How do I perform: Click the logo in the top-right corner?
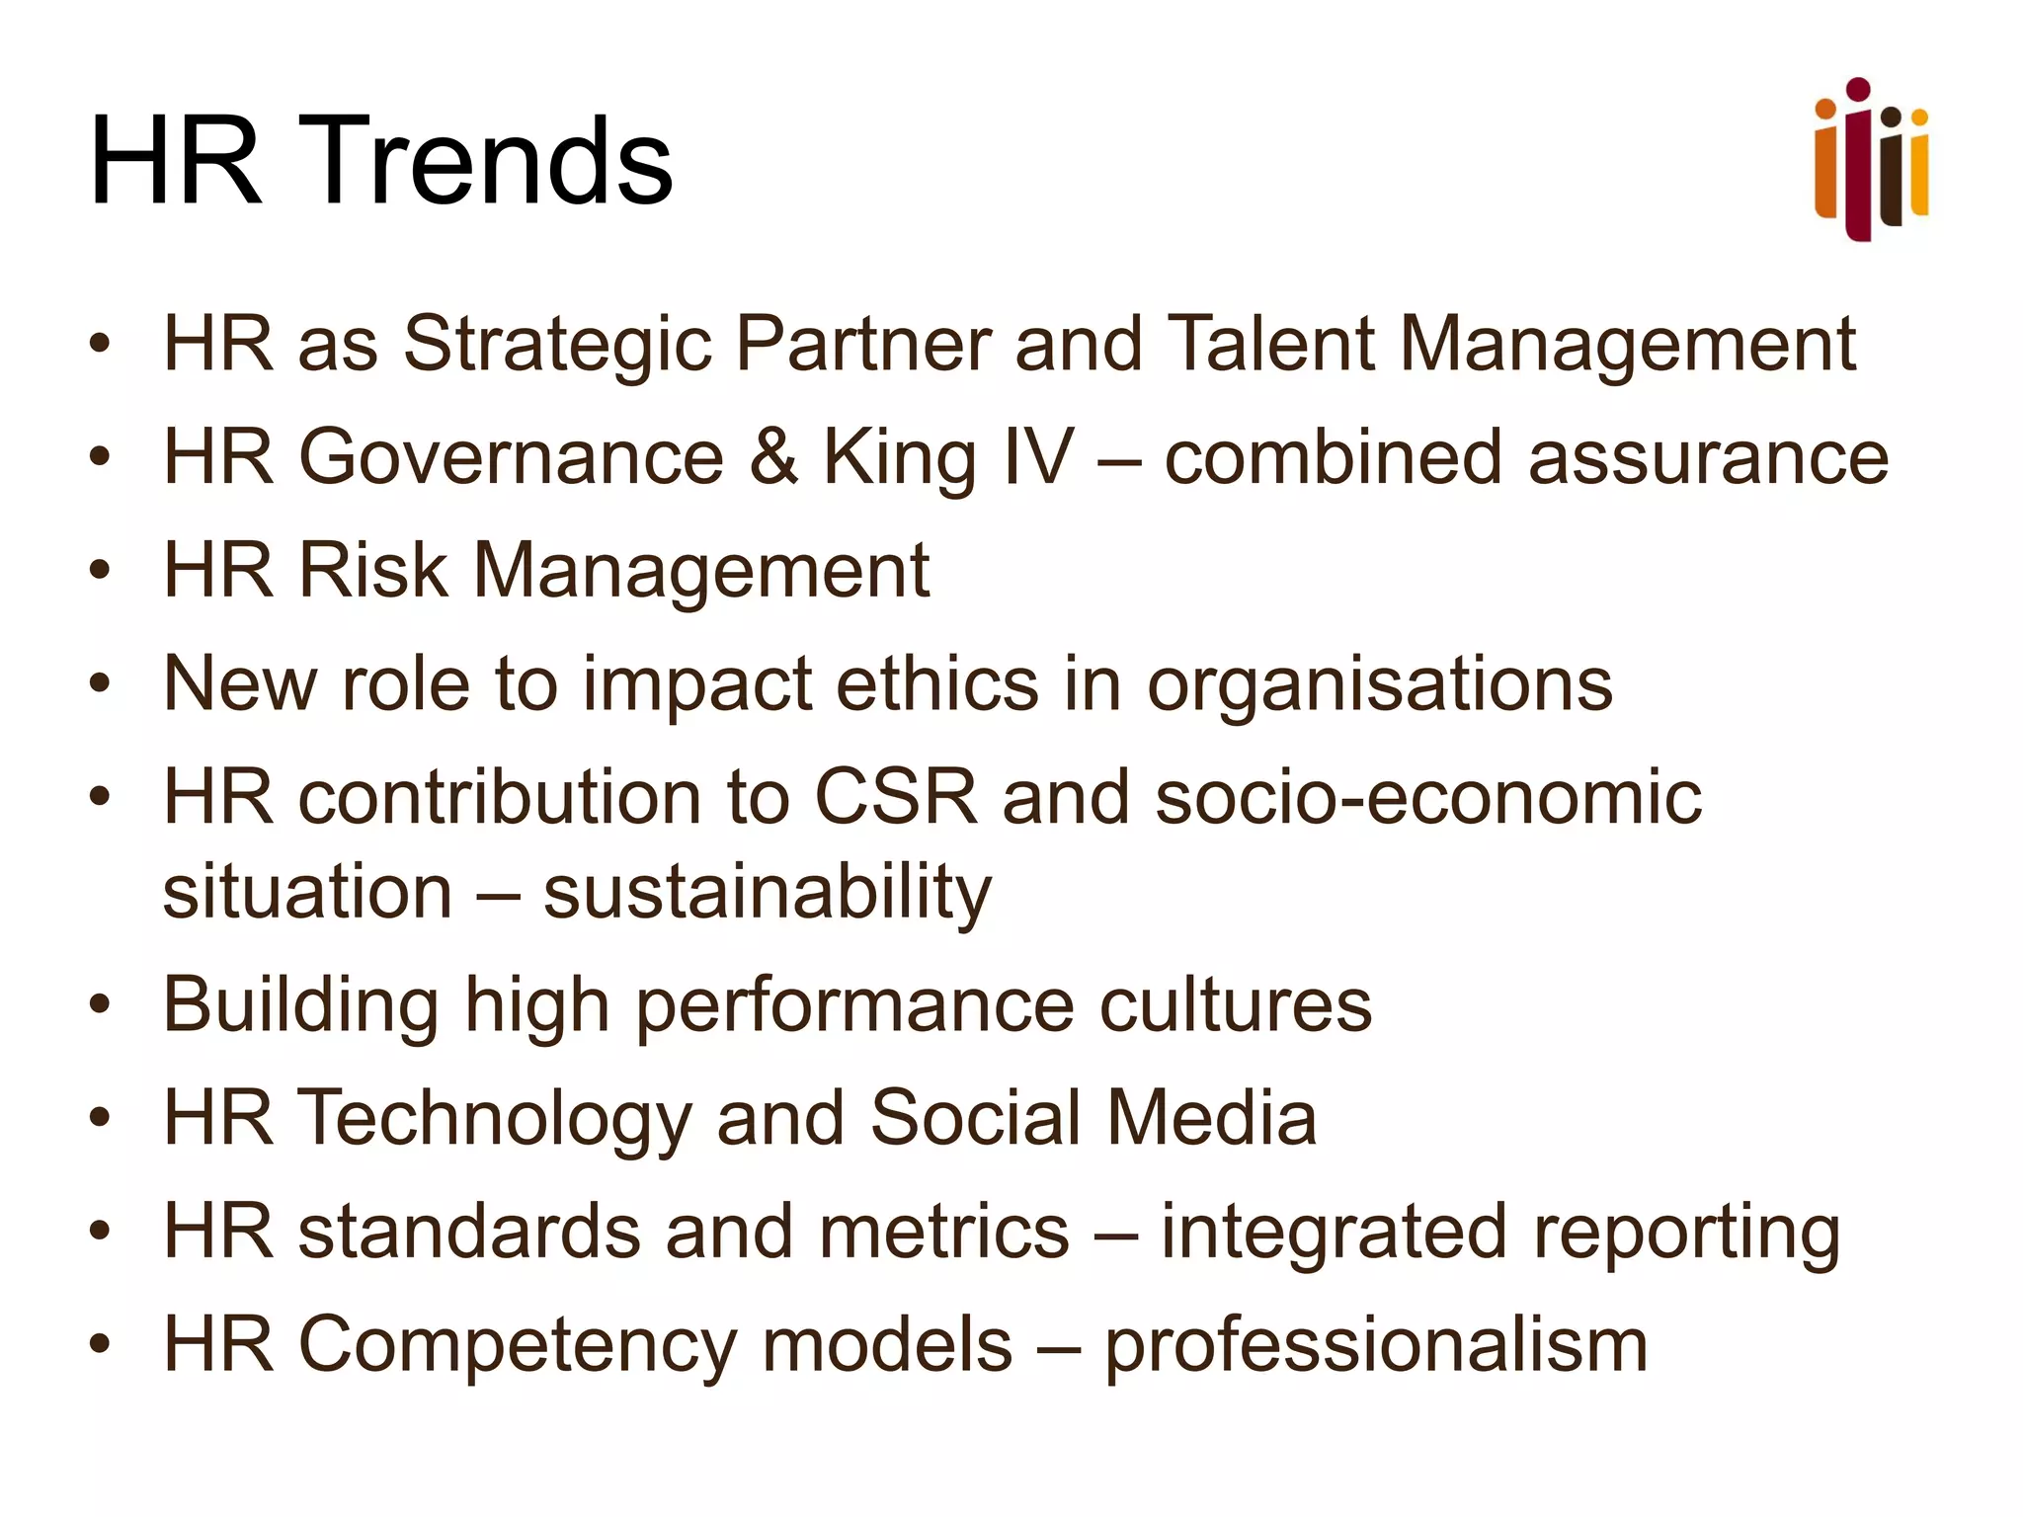click(x=1871, y=160)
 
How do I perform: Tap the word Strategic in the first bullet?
click(x=557, y=346)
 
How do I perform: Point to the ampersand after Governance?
click(x=773, y=457)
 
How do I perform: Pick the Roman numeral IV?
click(x=1036, y=457)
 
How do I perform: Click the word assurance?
click(x=1708, y=458)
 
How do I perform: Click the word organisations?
click(x=1379, y=685)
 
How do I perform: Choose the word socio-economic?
click(x=1428, y=797)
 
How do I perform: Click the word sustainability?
click(x=768, y=893)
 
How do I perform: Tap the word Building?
click(x=301, y=1006)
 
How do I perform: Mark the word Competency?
click(x=519, y=1347)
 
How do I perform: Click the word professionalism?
click(x=1376, y=1347)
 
